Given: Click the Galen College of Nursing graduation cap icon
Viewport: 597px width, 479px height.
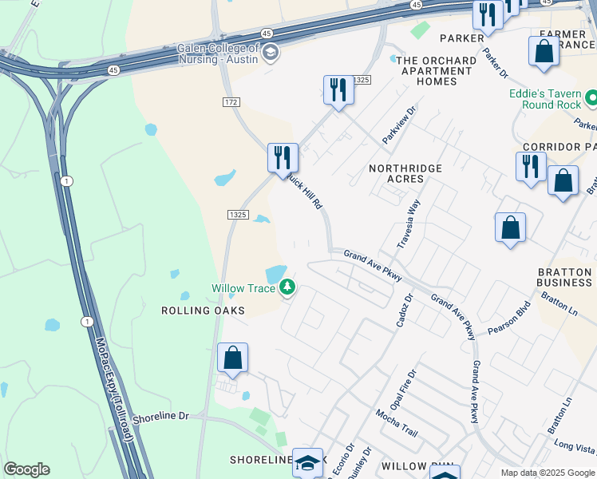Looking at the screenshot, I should pos(271,53).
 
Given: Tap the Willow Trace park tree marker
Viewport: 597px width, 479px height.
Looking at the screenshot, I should pos(287,287).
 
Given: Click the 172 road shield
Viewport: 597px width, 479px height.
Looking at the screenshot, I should pos(231,102).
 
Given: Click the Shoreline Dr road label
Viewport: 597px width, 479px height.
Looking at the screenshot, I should pos(160,416).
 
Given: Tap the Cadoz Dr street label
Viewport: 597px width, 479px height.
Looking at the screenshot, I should pos(404,310).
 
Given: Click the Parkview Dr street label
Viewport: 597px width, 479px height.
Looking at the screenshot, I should pos(399,125).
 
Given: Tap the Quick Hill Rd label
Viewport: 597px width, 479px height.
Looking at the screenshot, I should pos(305,192).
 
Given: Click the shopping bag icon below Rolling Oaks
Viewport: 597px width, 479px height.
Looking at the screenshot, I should pos(232,358).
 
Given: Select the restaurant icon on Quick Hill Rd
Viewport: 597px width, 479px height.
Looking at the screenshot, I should pos(283,158).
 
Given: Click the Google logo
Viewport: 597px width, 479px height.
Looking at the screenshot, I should pos(26,469).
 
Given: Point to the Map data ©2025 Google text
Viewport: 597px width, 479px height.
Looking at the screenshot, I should pos(548,473).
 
